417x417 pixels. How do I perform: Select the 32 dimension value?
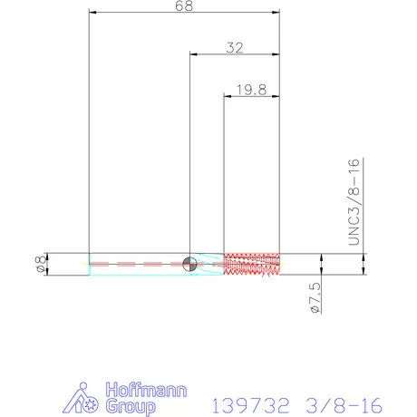coord(234,48)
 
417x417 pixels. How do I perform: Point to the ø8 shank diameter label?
coord(38,263)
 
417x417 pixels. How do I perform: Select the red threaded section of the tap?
coord(251,264)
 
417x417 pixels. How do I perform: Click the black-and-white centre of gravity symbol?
coord(189,264)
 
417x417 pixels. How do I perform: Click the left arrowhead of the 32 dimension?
coord(193,55)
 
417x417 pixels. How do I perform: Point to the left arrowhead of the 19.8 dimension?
coord(228,95)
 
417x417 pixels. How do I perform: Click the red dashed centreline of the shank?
coord(136,264)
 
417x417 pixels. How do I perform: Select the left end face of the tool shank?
coord(90,264)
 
